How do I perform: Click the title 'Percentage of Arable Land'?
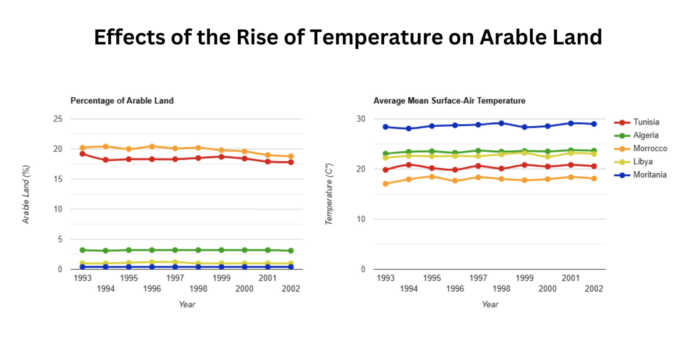point(122,101)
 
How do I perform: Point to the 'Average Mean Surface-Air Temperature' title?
point(449,101)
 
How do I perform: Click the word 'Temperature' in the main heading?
point(376,37)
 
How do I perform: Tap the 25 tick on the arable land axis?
point(58,119)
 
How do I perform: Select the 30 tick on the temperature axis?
point(361,119)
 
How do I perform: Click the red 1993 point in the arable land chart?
point(83,154)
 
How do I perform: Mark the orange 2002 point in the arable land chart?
point(291,156)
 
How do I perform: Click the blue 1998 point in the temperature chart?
point(501,123)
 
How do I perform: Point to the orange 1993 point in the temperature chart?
point(386,184)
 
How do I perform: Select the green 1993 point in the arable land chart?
point(83,250)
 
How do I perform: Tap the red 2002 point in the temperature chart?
point(594,166)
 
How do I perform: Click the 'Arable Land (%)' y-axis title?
point(26,194)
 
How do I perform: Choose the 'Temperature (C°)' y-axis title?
point(329,194)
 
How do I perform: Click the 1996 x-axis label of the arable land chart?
point(152,289)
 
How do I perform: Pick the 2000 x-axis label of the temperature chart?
point(547,289)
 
